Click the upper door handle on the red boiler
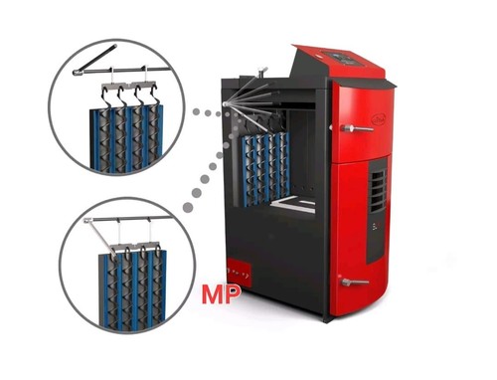(x=357, y=128)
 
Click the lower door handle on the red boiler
(x=355, y=283)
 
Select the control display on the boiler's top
(x=347, y=58)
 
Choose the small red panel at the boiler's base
(x=240, y=272)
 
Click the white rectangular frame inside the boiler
(x=293, y=203)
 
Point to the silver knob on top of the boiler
(x=262, y=71)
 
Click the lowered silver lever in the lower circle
(x=100, y=238)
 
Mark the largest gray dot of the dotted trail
(x=188, y=208)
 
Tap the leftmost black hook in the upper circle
(x=107, y=96)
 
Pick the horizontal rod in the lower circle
(x=130, y=219)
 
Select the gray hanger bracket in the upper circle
(x=128, y=87)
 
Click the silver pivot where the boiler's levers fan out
(x=227, y=104)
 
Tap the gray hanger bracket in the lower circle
(x=135, y=249)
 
